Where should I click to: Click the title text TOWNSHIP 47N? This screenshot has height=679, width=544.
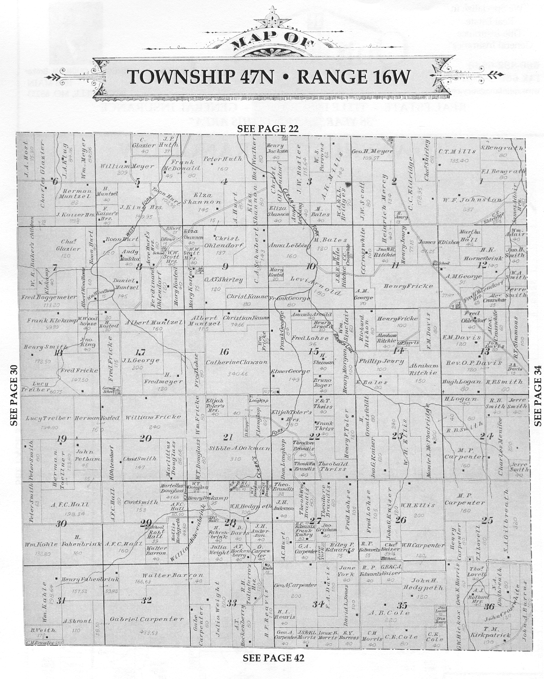point(200,77)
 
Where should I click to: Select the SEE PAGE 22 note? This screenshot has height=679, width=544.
point(268,129)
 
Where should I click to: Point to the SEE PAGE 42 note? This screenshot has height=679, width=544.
point(273,658)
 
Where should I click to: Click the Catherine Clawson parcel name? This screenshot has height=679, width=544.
point(237,362)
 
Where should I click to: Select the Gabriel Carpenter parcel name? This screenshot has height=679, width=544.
point(146,619)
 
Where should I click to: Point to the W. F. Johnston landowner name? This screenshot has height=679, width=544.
point(472,200)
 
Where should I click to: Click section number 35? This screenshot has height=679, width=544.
point(402,605)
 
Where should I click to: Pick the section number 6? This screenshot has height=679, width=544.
point(55,181)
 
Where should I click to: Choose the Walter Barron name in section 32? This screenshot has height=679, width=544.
point(173,575)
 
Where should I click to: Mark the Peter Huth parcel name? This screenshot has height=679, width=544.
point(222,159)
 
